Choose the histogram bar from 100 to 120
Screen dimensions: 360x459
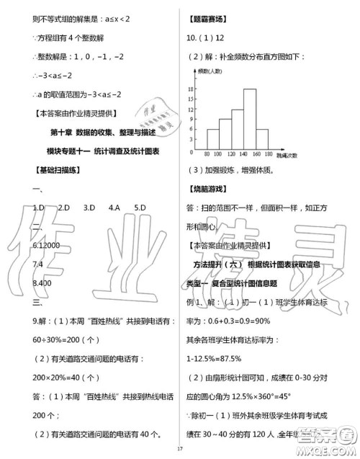(225, 133)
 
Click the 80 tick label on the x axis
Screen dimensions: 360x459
(206, 154)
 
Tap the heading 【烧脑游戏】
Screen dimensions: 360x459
(206, 189)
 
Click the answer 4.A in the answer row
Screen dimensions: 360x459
(114, 208)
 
